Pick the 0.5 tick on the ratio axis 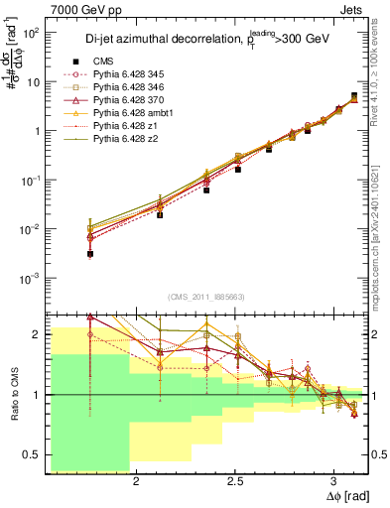coord(33,455)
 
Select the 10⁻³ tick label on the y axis coord(30,279)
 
